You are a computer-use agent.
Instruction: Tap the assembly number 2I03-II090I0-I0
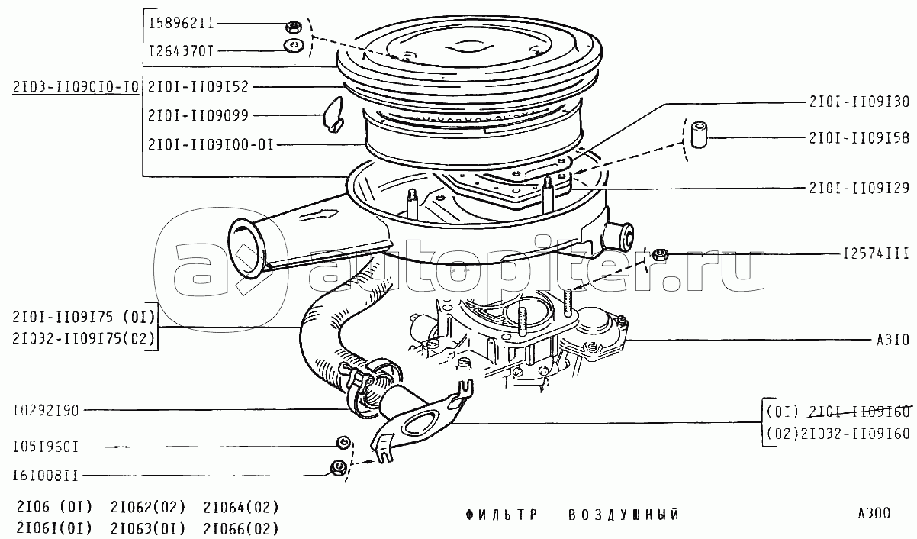[x=75, y=86]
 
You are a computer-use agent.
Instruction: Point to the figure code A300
[x=874, y=514]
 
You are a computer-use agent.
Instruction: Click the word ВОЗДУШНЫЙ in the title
[x=623, y=515]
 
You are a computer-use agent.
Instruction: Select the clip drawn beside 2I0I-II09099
[x=333, y=114]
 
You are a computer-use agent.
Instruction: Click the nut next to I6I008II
[x=336, y=468]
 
